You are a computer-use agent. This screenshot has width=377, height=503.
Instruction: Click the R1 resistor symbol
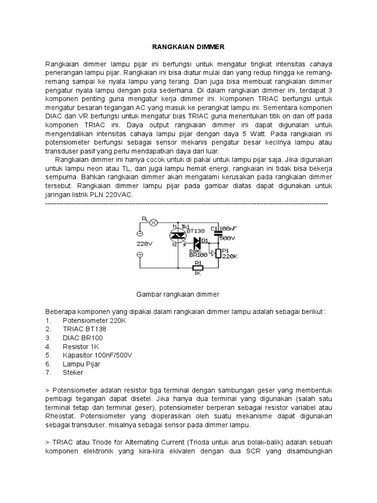tap(198, 268)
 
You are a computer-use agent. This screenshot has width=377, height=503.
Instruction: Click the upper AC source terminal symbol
tap(138, 233)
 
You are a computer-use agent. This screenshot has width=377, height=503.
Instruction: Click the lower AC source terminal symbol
tap(138, 254)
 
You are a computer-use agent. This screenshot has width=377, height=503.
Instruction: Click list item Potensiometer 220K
tap(94, 321)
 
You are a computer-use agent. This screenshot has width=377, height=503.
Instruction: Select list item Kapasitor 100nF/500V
tap(98, 355)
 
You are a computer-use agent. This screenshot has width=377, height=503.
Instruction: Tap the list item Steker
tap(73, 372)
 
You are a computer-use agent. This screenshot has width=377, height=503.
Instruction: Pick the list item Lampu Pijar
tap(81, 363)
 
